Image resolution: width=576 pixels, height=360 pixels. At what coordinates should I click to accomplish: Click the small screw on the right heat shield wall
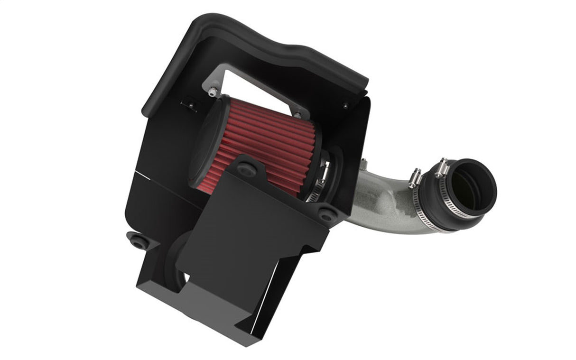point(346,105)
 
